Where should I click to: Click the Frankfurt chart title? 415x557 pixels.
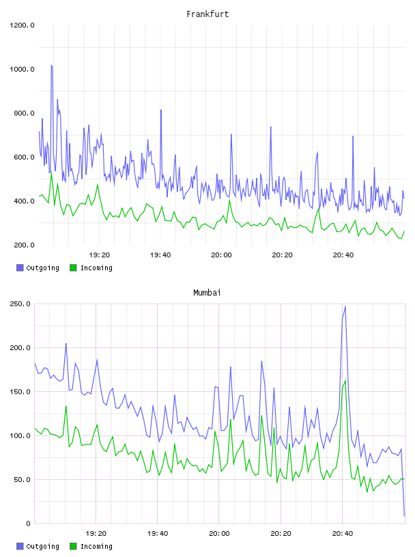(207, 14)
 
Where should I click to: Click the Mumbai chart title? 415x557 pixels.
(207, 293)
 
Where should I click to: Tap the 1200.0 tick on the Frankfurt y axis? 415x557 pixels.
(22, 25)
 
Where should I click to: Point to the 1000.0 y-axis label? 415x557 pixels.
(22, 69)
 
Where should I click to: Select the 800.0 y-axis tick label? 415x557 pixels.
(24, 113)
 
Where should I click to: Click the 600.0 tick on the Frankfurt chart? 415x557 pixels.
(24, 158)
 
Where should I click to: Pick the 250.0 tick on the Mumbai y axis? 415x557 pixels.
(20, 304)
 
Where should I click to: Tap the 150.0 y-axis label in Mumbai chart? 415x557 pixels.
(20, 392)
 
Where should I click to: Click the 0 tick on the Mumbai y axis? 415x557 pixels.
(29, 524)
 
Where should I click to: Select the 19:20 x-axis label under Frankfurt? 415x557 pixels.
(99, 255)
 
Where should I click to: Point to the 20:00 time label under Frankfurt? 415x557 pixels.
(221, 255)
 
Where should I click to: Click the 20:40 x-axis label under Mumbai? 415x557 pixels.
(343, 534)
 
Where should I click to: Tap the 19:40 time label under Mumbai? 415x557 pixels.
(158, 534)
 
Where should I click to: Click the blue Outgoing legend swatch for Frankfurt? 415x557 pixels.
(20, 268)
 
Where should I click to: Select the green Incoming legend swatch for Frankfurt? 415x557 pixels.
(73, 268)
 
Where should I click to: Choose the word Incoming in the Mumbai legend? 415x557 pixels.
(96, 546)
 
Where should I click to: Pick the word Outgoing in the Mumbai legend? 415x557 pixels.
(42, 546)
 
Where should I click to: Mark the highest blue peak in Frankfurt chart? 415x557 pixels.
(51, 66)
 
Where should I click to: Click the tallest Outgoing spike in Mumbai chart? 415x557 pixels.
(345, 306)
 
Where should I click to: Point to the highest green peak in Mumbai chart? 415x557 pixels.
(345, 381)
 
